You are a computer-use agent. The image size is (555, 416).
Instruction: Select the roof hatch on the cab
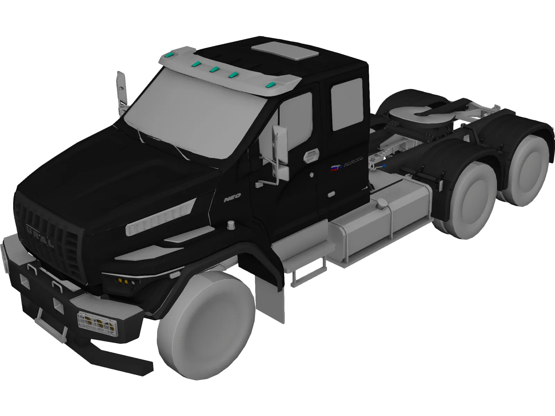(x=285, y=51)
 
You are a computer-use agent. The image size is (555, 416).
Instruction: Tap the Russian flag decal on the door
(x=334, y=169)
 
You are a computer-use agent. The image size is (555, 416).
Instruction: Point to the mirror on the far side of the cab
(x=121, y=89)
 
